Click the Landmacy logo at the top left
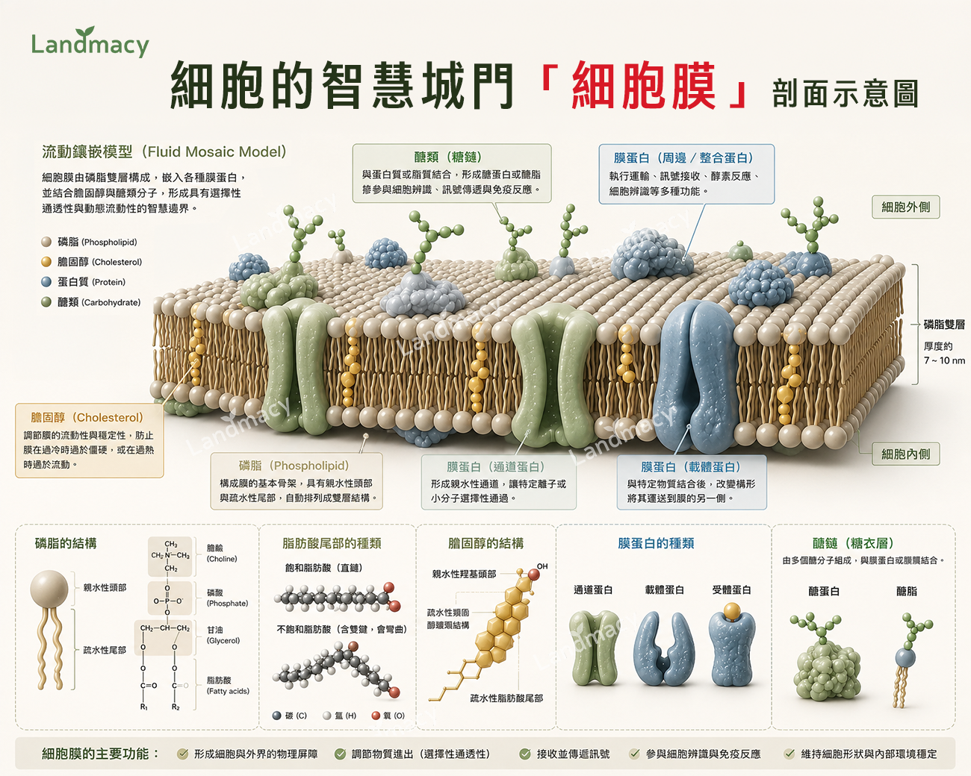pyautogui.click(x=90, y=42)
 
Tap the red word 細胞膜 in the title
pyautogui.click(x=643, y=86)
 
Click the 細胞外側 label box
pyautogui.click(x=905, y=207)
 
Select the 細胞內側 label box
pyautogui.click(x=905, y=454)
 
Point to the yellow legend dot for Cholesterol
pyautogui.click(x=46, y=262)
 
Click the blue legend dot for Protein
pyautogui.click(x=46, y=282)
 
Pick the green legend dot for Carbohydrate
pyautogui.click(x=46, y=302)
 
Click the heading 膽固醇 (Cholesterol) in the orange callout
pyautogui.click(x=87, y=418)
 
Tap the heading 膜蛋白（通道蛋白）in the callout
pyautogui.click(x=496, y=466)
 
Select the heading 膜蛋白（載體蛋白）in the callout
pyautogui.click(x=691, y=466)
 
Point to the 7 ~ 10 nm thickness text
pyautogui.click(x=944, y=360)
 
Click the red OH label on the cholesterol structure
pyautogui.click(x=542, y=566)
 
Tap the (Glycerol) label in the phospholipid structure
pyautogui.click(x=223, y=641)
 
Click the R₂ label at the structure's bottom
pyautogui.click(x=176, y=707)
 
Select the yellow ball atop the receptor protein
pyautogui.click(x=732, y=611)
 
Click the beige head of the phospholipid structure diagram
pyautogui.click(x=49, y=589)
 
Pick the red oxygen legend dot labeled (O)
pyautogui.click(x=376, y=716)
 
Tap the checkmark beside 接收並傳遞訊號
pyautogui.click(x=525, y=754)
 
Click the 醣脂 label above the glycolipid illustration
pyautogui.click(x=907, y=591)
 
